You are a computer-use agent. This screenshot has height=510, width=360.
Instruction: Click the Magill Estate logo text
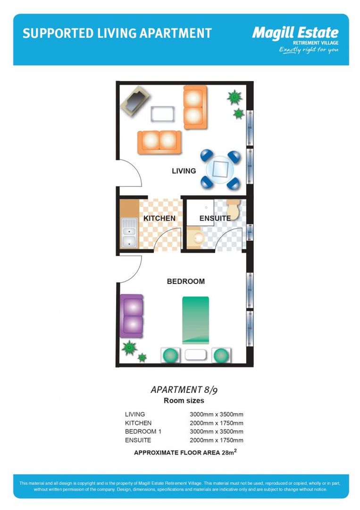(x=295, y=33)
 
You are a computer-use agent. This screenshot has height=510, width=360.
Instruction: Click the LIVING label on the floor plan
(x=184, y=171)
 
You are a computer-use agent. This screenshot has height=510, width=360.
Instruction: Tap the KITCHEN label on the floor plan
(x=159, y=218)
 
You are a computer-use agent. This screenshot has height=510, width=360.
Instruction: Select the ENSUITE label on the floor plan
(x=215, y=218)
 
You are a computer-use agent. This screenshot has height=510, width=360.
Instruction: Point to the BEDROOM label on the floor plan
(x=186, y=281)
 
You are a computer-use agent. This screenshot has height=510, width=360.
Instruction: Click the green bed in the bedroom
(x=195, y=320)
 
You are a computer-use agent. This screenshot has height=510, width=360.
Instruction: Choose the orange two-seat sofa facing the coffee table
(x=159, y=141)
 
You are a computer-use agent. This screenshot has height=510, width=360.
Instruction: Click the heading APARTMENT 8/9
(x=184, y=390)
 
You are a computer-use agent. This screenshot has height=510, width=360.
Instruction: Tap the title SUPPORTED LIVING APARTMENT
(x=117, y=34)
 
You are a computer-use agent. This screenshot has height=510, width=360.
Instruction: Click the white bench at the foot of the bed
(x=195, y=355)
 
